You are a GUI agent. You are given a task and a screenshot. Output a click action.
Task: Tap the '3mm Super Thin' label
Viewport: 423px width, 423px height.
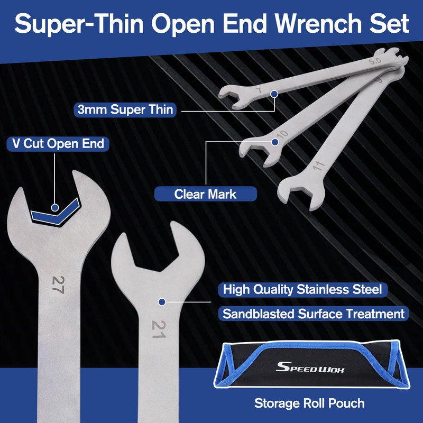(125, 110)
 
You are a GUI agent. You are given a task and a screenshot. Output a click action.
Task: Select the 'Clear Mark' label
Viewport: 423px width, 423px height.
(205, 194)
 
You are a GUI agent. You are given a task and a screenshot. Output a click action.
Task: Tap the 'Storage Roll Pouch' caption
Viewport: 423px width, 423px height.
(309, 403)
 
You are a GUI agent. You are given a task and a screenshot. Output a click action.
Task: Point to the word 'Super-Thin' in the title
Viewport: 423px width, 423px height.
(79, 24)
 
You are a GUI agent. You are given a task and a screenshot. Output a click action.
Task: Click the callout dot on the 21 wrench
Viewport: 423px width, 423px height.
(162, 302)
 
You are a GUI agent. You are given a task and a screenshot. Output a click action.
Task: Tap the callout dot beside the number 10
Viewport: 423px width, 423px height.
(274, 142)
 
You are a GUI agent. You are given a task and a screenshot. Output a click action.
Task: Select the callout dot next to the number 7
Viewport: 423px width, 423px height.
(274, 94)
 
